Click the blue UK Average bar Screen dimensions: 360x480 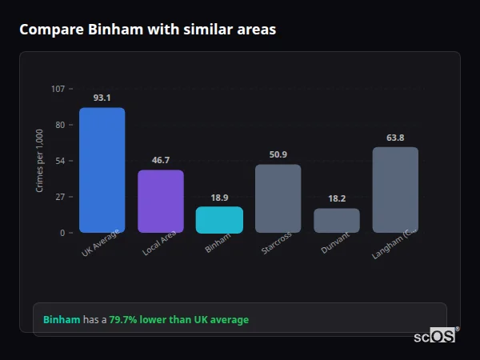click(x=102, y=170)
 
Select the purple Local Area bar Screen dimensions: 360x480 click(x=161, y=202)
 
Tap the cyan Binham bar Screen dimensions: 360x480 click(x=219, y=220)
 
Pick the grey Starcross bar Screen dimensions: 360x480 click(x=278, y=198)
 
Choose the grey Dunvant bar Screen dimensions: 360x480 click(x=337, y=221)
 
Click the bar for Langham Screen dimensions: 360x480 click(x=395, y=190)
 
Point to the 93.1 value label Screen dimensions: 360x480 click(x=102, y=98)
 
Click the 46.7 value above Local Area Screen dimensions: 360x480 click(x=161, y=160)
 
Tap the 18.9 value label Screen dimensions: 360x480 click(x=219, y=198)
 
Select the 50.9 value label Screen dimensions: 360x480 click(x=278, y=154)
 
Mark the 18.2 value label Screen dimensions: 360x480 click(x=337, y=198)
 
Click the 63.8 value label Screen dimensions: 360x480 click(x=395, y=138)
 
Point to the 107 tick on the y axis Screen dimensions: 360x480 click(x=58, y=89)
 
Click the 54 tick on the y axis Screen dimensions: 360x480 click(x=60, y=161)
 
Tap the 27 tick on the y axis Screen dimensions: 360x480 click(x=60, y=197)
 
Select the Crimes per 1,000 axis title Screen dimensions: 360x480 click(x=39, y=160)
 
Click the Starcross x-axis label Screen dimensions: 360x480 click(x=276, y=244)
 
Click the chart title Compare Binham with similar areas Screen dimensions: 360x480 click(x=147, y=30)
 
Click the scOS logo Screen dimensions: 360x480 click(x=435, y=336)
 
